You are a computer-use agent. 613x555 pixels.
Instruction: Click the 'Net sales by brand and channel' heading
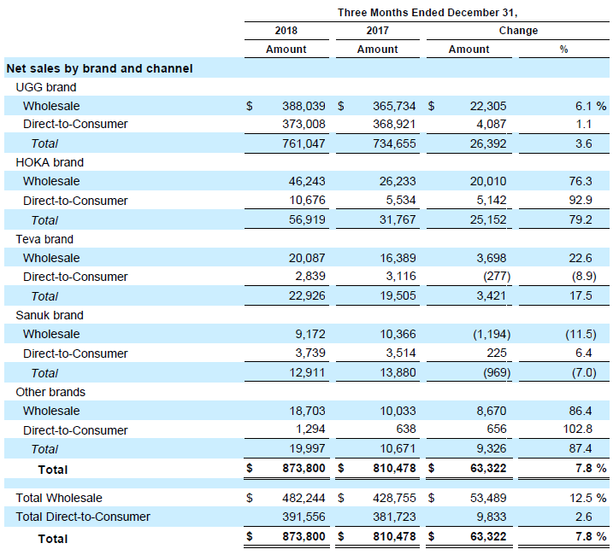coord(100,68)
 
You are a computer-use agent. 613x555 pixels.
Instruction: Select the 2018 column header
coord(286,31)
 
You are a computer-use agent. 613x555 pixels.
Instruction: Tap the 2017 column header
coord(377,31)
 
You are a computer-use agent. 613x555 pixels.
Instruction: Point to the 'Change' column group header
coord(518,31)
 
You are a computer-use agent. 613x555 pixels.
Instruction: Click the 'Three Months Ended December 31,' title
coord(427,13)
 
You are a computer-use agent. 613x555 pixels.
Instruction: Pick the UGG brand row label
coord(46,87)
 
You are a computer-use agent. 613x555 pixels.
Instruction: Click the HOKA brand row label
coord(50,162)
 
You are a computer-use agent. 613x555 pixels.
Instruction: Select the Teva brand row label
coord(44,239)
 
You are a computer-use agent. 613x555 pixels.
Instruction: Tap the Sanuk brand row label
coord(50,315)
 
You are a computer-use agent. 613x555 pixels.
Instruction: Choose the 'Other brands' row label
coord(50,392)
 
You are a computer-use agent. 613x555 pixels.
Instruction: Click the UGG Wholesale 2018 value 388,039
coord(304,106)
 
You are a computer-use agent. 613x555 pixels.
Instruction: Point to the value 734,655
coord(394,143)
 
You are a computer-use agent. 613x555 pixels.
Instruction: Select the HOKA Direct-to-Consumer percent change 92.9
coord(581,200)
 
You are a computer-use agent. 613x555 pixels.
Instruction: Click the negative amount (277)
coord(497,276)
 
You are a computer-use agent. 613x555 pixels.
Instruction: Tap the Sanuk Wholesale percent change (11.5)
coord(581,335)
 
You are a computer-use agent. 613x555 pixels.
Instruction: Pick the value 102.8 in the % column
coord(577,429)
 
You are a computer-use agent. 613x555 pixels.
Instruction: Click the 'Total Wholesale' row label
coord(59,498)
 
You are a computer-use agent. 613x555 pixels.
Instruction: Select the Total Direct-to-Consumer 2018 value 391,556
coord(304,517)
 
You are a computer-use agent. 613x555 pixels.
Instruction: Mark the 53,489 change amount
coord(488,498)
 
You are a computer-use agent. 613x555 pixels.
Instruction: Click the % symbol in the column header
coord(563,50)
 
